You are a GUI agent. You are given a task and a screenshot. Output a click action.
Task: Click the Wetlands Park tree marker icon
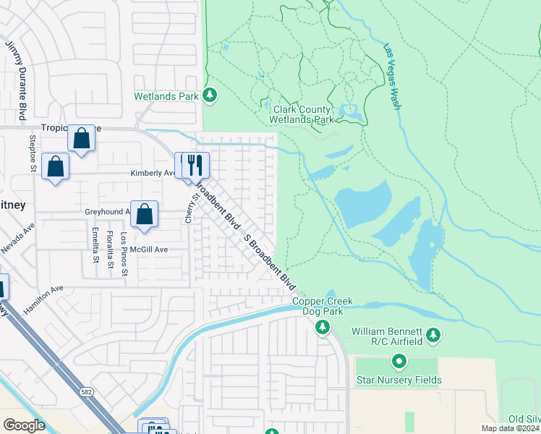(210, 95)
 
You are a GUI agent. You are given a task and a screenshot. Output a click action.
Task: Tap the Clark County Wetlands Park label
(302, 114)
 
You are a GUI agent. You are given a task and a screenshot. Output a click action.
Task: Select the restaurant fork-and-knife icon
(192, 165)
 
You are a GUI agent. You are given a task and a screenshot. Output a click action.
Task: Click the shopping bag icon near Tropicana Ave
(81, 137)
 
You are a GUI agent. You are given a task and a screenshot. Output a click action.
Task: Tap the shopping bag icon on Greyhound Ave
(145, 214)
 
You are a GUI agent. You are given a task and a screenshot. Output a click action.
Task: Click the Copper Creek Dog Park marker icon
(323, 328)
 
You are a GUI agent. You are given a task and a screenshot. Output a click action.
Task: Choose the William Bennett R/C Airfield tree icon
(433, 334)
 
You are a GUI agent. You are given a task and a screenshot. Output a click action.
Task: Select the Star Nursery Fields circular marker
(399, 360)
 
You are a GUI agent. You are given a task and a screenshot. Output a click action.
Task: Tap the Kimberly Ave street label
(153, 174)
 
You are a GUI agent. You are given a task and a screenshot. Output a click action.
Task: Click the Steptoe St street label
(32, 153)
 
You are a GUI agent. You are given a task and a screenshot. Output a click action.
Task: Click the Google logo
(24, 425)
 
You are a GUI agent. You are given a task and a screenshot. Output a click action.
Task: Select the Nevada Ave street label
(17, 238)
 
